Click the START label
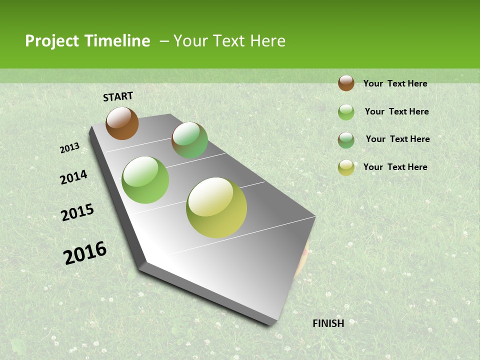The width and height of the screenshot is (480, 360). (x=118, y=96)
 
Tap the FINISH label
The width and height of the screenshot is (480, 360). (x=328, y=323)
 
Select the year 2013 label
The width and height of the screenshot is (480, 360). (x=70, y=148)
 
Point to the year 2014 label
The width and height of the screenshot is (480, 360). (x=74, y=177)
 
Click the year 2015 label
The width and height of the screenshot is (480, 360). (x=77, y=212)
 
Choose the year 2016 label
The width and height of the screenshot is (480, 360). (x=85, y=253)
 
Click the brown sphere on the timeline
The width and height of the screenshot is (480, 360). (x=122, y=123)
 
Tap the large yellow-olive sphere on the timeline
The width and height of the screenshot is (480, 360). (x=216, y=207)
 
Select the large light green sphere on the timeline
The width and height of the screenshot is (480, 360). (x=145, y=180)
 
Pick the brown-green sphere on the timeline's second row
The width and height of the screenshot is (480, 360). (x=189, y=140)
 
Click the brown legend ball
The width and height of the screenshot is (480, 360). (x=346, y=83)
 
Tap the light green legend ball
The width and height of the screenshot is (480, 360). (x=346, y=112)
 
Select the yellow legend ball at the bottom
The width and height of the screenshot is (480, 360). (x=346, y=167)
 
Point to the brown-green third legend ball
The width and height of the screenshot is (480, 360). (x=346, y=140)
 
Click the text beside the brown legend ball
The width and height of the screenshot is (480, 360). (x=395, y=83)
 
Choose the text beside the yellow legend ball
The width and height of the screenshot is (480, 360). (x=395, y=167)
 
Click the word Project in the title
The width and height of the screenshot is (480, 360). (x=52, y=41)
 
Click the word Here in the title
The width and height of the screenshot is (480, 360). (x=267, y=41)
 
